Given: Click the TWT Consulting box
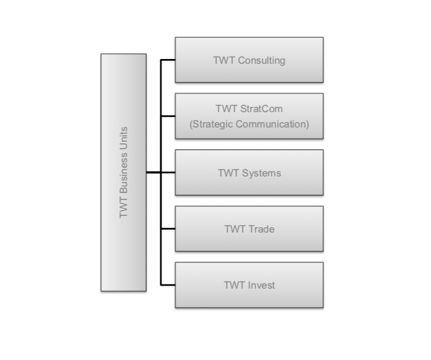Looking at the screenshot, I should tap(249, 60).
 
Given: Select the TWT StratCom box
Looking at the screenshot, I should tap(249, 116).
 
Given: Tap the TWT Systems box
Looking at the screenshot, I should tap(249, 172).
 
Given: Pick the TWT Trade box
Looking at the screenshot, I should tap(249, 228).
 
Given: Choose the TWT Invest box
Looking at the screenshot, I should tap(249, 285).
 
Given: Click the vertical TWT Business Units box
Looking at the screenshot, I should tap(123, 172).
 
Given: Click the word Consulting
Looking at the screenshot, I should tap(261, 60).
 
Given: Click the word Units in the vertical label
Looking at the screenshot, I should tap(124, 137).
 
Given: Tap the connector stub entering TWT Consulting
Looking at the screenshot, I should tap(168, 60).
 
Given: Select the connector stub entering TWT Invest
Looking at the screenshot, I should tap(168, 285).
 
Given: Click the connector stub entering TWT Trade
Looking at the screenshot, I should tap(168, 228).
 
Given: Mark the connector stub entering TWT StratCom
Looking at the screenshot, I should tap(168, 116).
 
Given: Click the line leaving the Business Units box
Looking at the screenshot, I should tap(153, 172).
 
